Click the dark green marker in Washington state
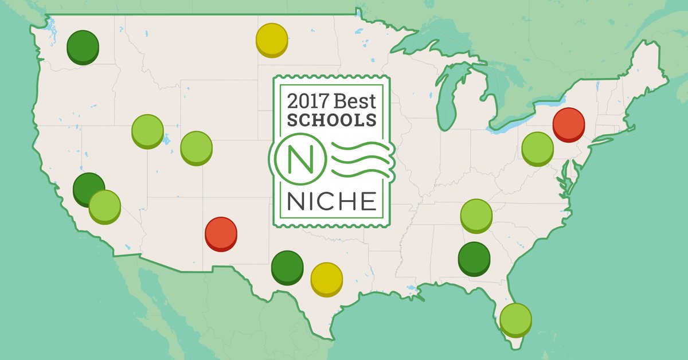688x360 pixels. pos(83,46)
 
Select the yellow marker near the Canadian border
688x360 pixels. pos(272,38)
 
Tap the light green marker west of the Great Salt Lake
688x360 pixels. pos(147,130)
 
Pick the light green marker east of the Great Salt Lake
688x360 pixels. pos(197,147)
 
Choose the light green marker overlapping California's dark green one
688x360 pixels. pos(105,206)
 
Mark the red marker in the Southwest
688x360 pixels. pos(221,232)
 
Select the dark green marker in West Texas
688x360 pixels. pos(287,266)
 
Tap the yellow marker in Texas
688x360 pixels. pos(326,278)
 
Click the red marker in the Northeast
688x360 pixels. pos(569,123)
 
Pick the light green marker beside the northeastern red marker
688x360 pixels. pos(537,147)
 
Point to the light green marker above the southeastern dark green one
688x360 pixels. pos(476,215)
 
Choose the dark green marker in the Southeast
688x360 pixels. pos(474,257)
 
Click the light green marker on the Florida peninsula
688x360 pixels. pos(515,318)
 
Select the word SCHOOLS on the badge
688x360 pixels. pos(332,120)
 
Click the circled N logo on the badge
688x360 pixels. pos(298,159)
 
